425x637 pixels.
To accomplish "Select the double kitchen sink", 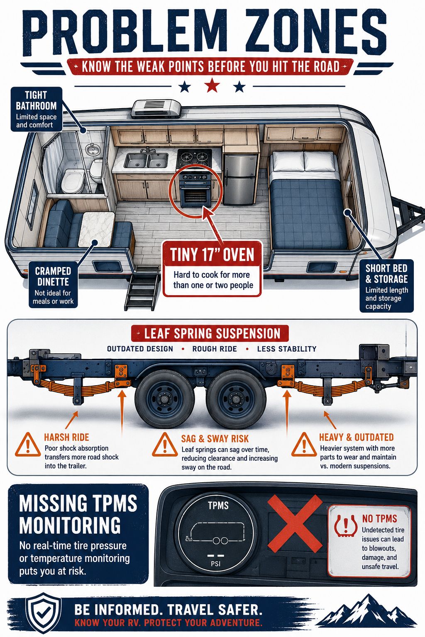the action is click(x=147, y=160).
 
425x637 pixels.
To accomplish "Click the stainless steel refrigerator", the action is click(x=240, y=179).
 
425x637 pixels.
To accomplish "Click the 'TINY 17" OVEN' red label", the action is click(x=212, y=255).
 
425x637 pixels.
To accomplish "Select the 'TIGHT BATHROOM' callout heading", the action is click(x=36, y=100).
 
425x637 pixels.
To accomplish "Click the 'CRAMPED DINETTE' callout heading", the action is click(x=53, y=277).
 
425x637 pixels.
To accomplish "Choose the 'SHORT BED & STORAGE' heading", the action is click(x=386, y=274).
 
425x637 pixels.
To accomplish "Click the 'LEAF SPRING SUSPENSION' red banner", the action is click(x=210, y=333).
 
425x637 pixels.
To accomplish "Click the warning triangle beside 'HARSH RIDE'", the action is click(x=28, y=445).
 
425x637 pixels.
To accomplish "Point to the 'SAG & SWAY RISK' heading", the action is click(x=215, y=439).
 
